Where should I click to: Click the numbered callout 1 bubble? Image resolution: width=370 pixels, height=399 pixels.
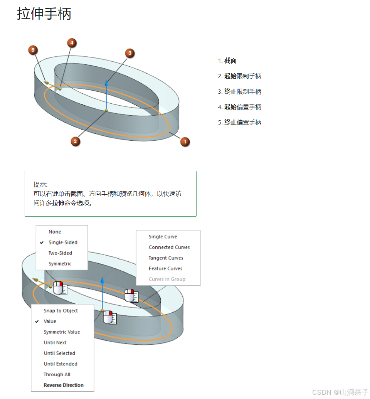(185, 141)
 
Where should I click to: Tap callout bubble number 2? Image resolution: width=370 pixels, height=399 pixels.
(76, 141)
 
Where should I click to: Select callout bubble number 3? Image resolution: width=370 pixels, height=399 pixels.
(130, 53)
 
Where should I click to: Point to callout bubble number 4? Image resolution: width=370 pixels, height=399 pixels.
(72, 43)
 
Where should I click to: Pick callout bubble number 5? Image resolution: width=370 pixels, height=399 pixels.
(33, 50)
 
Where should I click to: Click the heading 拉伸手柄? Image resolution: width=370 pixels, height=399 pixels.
(44, 14)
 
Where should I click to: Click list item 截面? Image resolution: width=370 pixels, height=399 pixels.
(230, 61)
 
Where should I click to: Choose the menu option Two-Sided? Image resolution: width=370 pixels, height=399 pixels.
(60, 253)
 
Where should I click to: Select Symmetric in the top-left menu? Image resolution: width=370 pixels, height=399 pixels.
(60, 264)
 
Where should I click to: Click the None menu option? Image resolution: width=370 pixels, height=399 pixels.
(55, 232)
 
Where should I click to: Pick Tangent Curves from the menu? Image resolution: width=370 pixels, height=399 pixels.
(166, 258)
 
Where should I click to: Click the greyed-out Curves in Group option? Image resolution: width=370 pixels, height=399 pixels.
(167, 279)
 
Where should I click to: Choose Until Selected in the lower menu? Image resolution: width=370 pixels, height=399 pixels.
(59, 353)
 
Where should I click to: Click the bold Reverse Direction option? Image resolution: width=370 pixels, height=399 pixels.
(64, 385)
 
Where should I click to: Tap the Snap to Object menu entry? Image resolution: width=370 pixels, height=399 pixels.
(61, 311)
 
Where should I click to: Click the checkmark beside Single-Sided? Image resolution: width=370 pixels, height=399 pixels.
(42, 242)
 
